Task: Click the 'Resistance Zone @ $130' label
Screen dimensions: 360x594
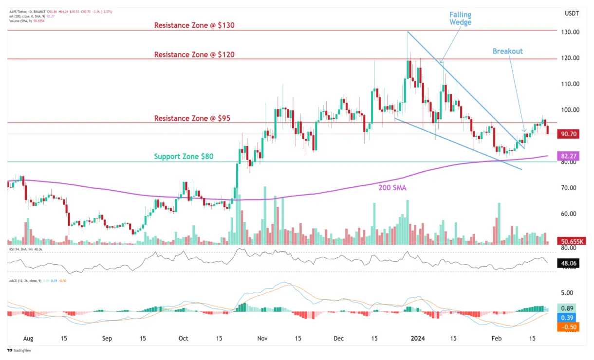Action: tap(194, 25)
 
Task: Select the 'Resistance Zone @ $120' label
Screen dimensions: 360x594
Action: tap(194, 54)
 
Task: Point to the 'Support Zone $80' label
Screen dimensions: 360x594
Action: tap(184, 157)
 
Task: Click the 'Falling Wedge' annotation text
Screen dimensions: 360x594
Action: tap(460, 18)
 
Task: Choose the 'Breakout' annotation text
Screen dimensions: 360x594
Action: tap(507, 51)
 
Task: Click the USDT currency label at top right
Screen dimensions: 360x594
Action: tap(572, 14)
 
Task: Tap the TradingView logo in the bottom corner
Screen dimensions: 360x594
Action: tap(19, 351)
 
